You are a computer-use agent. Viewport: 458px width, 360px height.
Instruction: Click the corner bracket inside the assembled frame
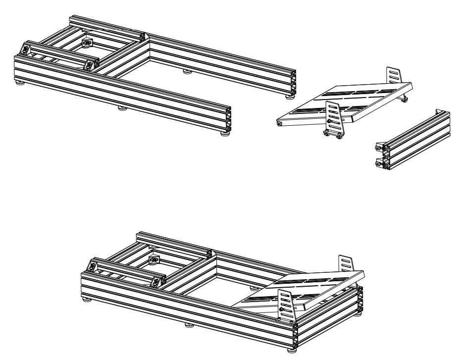coord(155,260)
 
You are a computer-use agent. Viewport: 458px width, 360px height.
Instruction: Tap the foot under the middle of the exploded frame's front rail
coord(121,107)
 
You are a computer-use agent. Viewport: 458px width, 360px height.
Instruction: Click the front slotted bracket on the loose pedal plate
coord(333,117)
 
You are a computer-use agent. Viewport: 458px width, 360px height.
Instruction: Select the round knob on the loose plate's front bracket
coord(328,120)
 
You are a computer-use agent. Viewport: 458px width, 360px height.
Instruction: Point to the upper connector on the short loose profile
coord(380,147)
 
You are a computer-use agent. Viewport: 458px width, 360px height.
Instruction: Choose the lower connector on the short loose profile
coord(379,161)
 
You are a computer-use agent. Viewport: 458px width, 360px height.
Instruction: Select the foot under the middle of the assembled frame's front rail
coord(189,326)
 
